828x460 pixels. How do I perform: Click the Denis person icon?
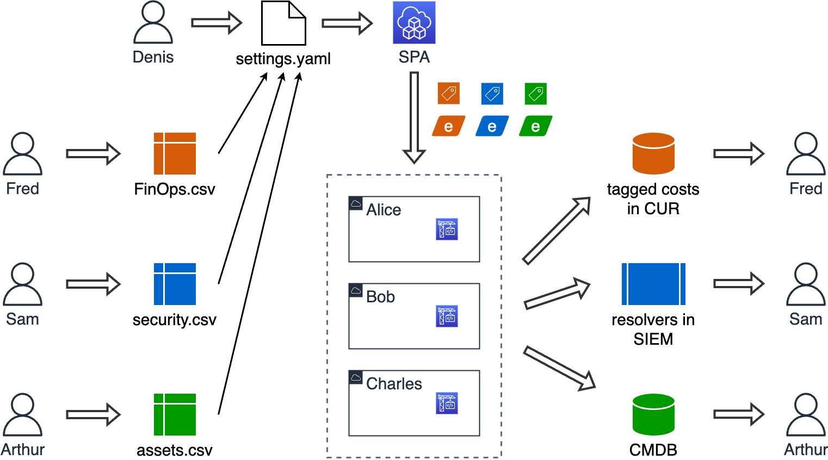pyautogui.click(x=153, y=23)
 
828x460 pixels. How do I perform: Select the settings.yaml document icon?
pyautogui.click(x=283, y=23)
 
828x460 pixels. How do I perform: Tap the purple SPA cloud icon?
pyautogui.click(x=414, y=22)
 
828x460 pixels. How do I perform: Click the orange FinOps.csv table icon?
pyautogui.click(x=175, y=153)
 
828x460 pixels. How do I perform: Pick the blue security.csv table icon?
pyautogui.click(x=175, y=284)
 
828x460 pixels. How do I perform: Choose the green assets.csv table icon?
pyautogui.click(x=175, y=414)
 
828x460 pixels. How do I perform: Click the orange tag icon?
pyautogui.click(x=449, y=94)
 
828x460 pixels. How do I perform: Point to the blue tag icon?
pyautogui.click(x=492, y=94)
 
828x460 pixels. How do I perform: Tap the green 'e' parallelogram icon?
pyautogui.click(x=536, y=126)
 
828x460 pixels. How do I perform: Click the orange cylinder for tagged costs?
pyautogui.click(x=653, y=153)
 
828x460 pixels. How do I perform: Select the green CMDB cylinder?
pyautogui.click(x=653, y=414)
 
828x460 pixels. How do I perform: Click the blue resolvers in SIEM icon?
pyautogui.click(x=653, y=284)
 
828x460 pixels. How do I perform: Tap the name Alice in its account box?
pyautogui.click(x=384, y=210)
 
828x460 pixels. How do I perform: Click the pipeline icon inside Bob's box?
pyautogui.click(x=447, y=316)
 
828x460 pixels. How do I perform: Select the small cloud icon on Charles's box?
pyautogui.click(x=356, y=377)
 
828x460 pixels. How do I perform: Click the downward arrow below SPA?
pyautogui.click(x=414, y=117)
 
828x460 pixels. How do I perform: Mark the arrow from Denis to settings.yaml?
pyautogui.click(x=216, y=23)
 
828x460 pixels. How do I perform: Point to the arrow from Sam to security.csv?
pyautogui.click(x=93, y=284)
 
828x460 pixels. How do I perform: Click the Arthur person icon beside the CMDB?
pyautogui.click(x=806, y=414)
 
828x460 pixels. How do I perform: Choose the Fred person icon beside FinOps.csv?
pyautogui.click(x=22, y=153)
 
